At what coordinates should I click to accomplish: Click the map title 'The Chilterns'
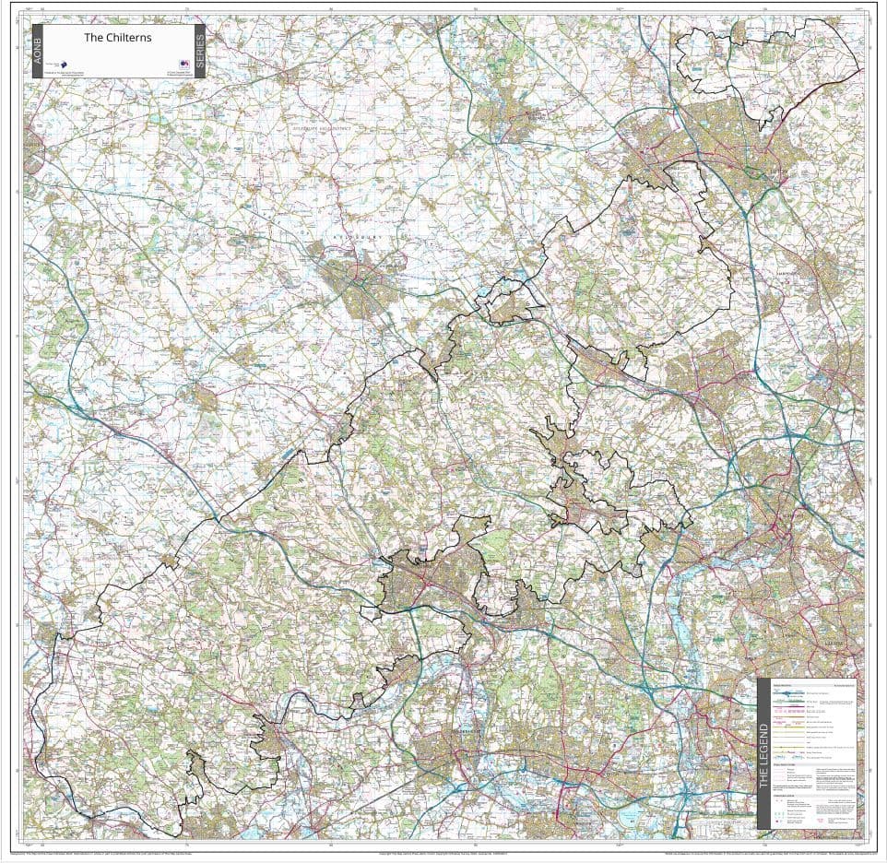(118, 38)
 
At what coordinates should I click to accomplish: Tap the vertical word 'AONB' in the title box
(37, 51)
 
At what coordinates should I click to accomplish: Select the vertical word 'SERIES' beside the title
(200, 51)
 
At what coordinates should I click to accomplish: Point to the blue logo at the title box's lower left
(65, 65)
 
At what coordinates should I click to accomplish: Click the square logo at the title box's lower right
(171, 65)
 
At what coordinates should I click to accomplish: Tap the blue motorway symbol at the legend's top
(788, 692)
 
